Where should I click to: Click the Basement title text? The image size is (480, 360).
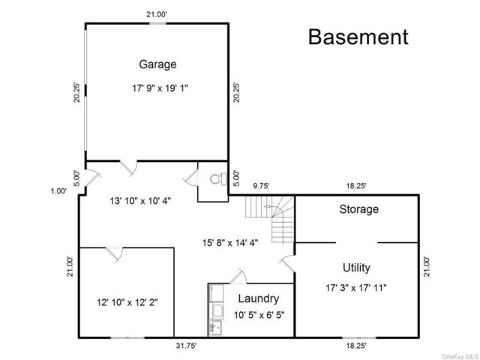click(358, 37)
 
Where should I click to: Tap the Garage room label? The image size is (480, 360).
click(157, 64)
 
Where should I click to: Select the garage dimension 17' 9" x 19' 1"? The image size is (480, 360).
click(160, 88)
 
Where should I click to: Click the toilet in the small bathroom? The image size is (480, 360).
click(218, 179)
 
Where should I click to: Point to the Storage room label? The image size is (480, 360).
click(358, 209)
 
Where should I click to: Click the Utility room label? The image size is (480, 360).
click(356, 268)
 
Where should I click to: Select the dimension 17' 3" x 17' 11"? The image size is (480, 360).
click(356, 288)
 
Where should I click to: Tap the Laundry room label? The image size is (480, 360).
click(259, 298)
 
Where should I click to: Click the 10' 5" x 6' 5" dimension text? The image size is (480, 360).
click(259, 315)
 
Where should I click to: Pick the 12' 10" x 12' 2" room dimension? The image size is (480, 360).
click(127, 303)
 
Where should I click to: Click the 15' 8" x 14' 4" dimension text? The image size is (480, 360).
click(230, 243)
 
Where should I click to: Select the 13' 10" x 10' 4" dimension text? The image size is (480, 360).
click(140, 201)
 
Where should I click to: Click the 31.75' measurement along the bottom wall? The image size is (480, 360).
click(186, 346)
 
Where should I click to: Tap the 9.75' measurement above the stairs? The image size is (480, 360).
click(261, 186)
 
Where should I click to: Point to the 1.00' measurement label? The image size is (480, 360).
click(58, 191)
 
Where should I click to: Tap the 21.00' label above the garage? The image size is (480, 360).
click(157, 14)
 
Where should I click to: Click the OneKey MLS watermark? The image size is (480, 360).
click(460, 357)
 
